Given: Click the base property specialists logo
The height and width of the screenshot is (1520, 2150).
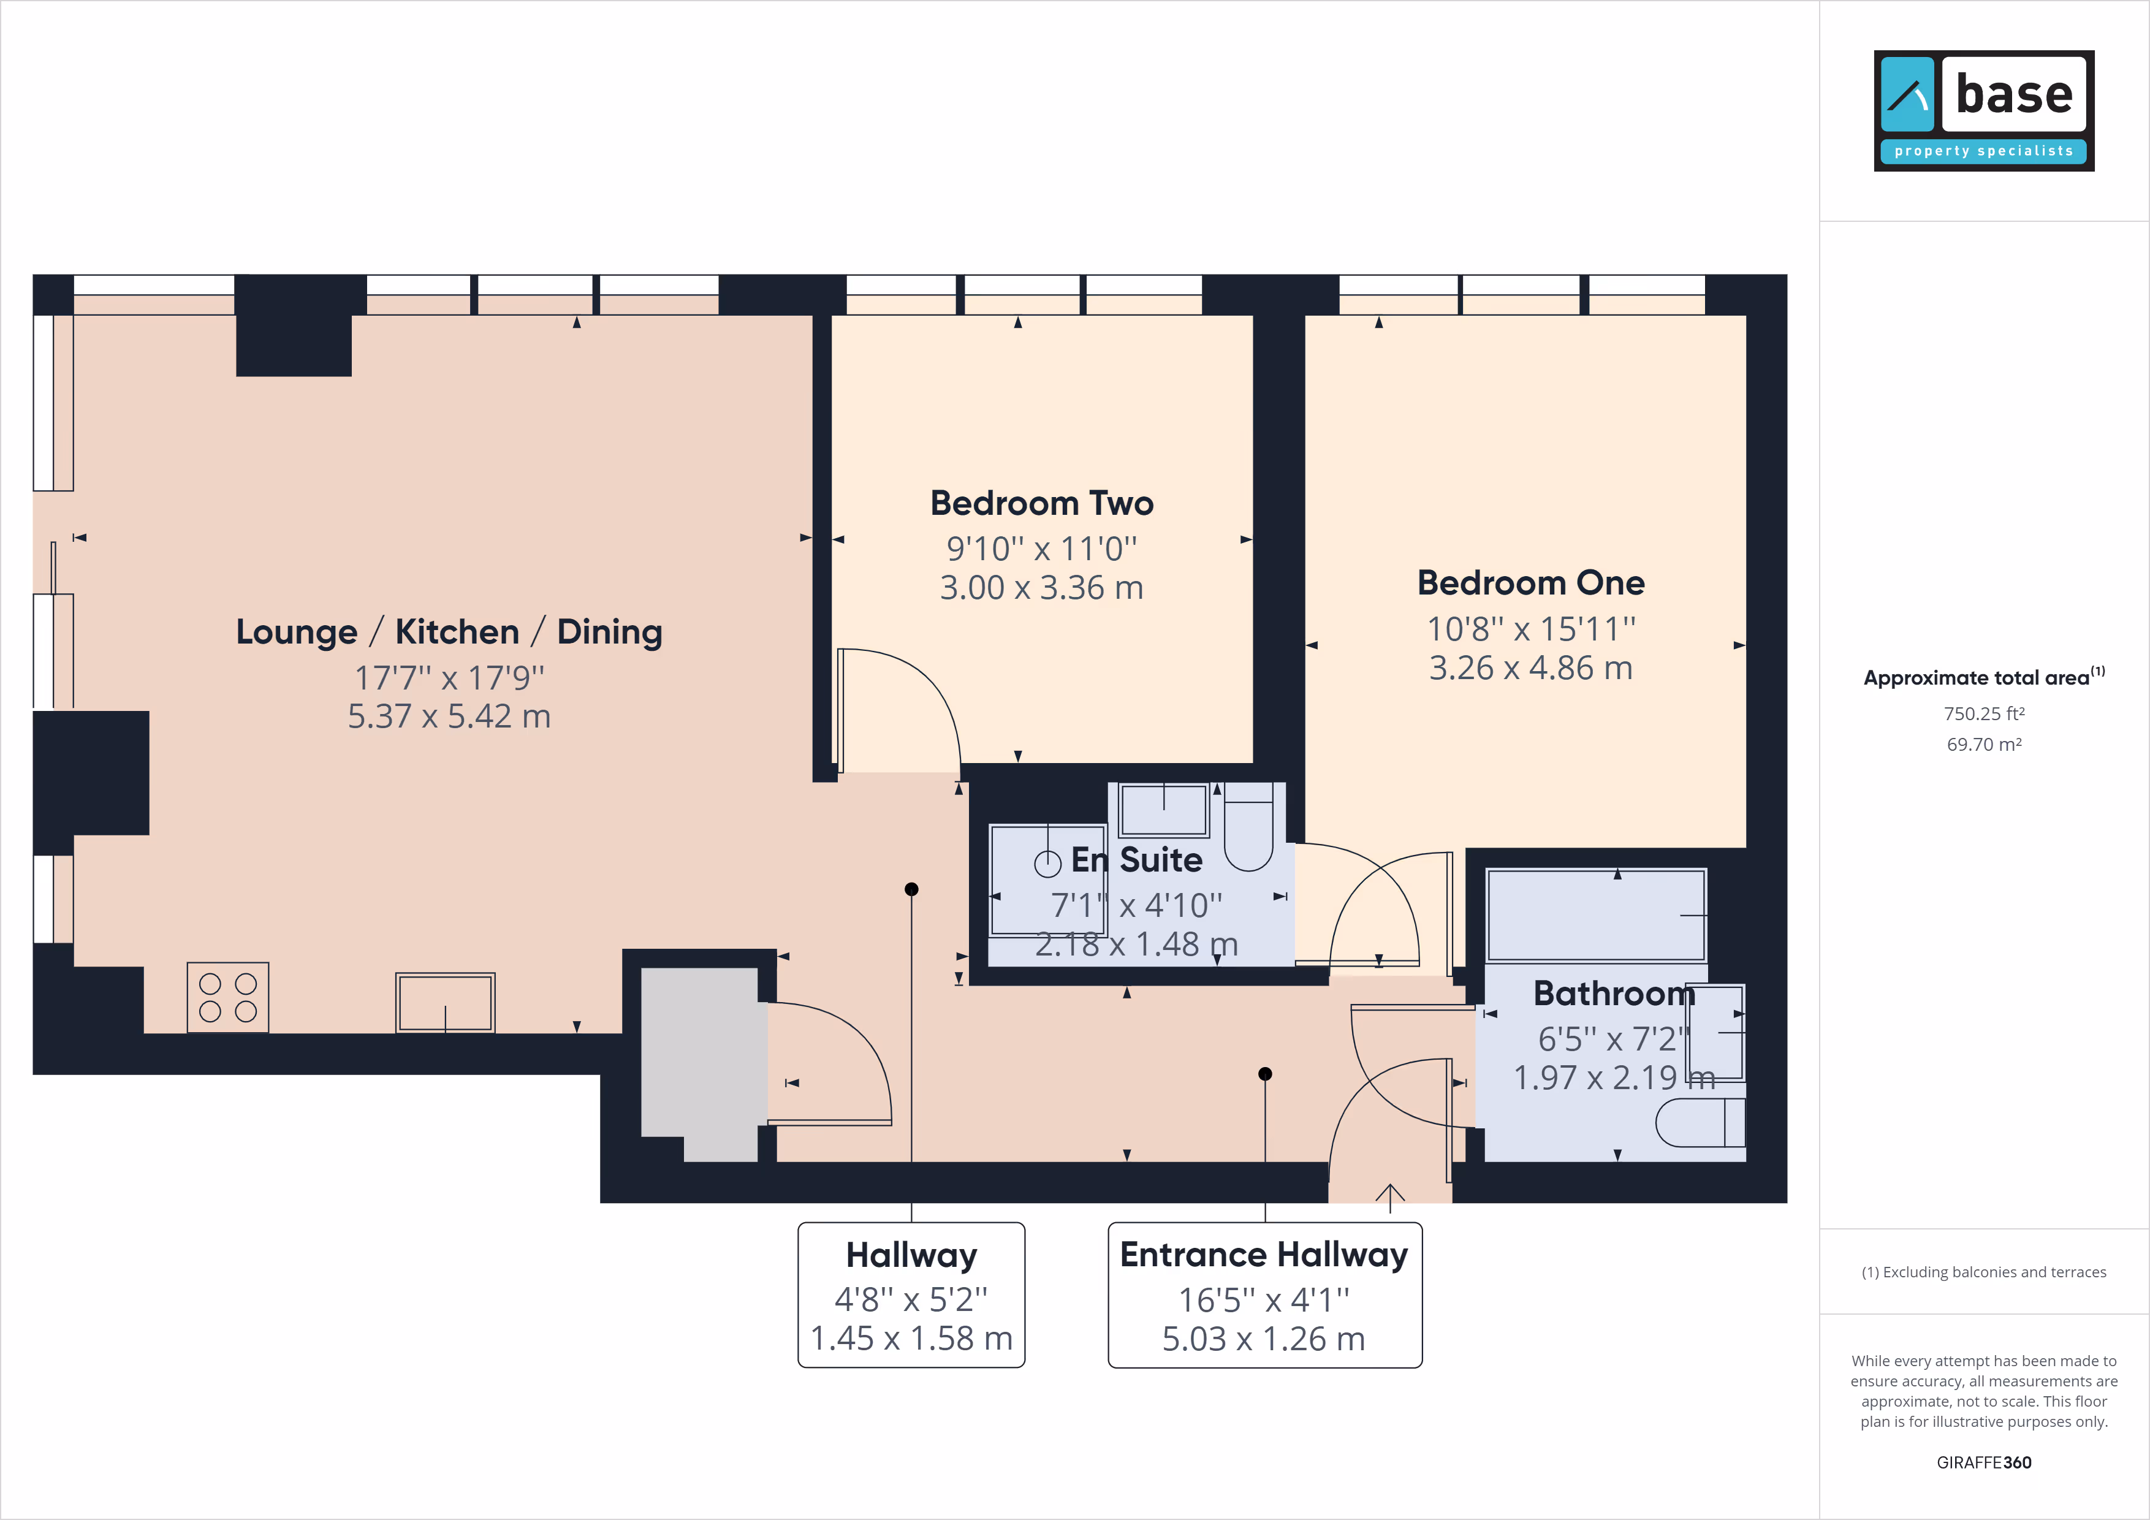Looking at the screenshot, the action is point(1983,110).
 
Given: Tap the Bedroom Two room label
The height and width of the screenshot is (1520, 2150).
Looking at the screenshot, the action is point(1041,503).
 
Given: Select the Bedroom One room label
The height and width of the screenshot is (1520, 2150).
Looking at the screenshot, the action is point(1531,582).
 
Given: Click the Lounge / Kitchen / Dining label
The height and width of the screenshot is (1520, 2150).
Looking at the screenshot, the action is point(449,632).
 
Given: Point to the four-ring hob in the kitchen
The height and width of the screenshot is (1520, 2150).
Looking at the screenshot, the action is point(227,997).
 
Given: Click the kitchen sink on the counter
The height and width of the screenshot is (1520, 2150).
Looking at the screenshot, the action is point(445,1003).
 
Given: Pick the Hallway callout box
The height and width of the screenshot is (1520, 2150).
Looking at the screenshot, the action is point(911,1294).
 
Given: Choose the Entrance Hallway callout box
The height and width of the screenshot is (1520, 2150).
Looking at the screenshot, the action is point(1265,1294).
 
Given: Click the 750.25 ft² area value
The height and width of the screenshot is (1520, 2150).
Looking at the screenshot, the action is point(1983,713).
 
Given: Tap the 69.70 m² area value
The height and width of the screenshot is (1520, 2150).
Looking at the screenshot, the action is point(1983,745).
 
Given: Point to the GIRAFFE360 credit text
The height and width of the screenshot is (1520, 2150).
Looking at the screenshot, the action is point(1983,1462).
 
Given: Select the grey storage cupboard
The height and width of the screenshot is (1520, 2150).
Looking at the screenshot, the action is point(699,1064).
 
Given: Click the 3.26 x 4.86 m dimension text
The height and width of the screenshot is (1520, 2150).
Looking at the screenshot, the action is point(1531,667).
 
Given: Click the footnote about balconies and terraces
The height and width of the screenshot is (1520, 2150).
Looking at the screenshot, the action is point(1983,1272).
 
